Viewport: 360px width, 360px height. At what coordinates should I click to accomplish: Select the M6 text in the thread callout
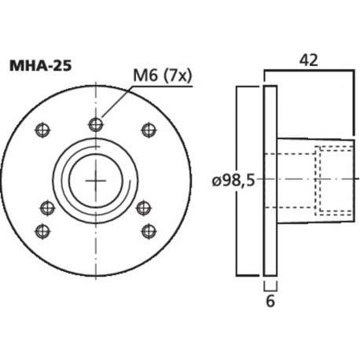[x=145, y=75]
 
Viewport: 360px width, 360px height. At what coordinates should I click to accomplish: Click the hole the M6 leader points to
[x=96, y=123]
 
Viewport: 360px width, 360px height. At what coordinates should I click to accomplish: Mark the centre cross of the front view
[x=96, y=181]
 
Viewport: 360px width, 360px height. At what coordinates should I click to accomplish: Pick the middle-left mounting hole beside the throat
[x=47, y=208]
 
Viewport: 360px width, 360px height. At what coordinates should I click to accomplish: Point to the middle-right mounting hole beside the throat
[x=145, y=208]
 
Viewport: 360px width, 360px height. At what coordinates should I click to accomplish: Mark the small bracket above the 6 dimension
[x=270, y=285]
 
